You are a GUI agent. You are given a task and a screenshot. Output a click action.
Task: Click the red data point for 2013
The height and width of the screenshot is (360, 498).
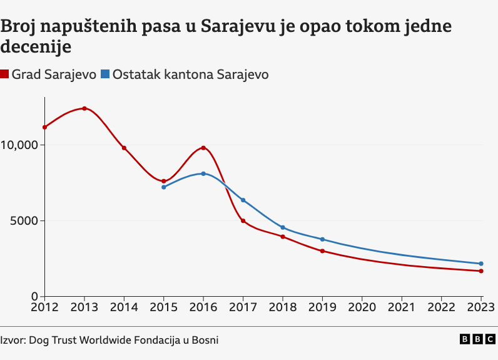[x=84, y=108]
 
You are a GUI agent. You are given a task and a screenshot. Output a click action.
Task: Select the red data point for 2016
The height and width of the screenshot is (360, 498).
[x=203, y=148]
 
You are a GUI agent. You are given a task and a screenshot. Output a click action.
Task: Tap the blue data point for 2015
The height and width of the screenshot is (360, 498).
[x=164, y=187]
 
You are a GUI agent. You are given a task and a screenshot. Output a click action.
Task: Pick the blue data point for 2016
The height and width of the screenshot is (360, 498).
[x=203, y=173]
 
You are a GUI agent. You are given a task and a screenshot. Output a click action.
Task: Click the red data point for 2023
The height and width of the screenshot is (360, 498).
[x=481, y=271]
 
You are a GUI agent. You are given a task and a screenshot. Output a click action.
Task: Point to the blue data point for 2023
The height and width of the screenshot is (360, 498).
[x=481, y=264]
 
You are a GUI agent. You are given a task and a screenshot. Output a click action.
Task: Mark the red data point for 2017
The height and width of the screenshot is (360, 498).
[x=243, y=221]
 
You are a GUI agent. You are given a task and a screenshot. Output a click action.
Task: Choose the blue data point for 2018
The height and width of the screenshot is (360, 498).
[x=283, y=227]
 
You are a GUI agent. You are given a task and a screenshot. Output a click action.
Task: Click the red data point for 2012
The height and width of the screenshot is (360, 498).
[x=45, y=127]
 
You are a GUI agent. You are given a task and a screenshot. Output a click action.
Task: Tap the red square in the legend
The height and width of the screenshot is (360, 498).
[x=4, y=75]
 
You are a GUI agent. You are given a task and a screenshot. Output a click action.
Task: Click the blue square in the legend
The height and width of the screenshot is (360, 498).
[x=105, y=75]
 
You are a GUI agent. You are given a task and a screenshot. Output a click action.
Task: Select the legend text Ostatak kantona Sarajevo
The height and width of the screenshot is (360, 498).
[x=190, y=75]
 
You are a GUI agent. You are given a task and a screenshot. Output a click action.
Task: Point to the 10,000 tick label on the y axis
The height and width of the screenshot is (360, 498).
[x=20, y=145]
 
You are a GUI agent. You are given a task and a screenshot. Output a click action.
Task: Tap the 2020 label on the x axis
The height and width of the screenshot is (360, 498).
[x=362, y=307]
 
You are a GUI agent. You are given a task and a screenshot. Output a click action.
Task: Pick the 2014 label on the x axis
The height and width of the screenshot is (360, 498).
[x=124, y=307]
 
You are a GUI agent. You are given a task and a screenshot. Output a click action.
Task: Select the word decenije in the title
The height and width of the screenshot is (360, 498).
[x=36, y=47]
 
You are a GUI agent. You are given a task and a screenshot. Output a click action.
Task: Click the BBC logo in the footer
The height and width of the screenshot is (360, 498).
[x=476, y=339]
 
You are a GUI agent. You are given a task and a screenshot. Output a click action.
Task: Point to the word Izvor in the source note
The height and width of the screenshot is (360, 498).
[x=13, y=339]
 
